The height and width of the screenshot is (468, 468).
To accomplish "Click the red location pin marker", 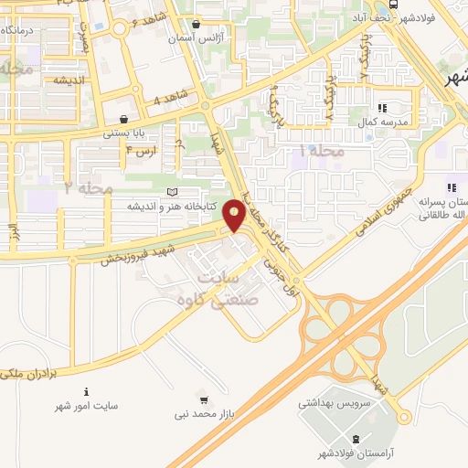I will (235, 216).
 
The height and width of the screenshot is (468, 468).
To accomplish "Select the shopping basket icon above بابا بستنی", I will (123, 119).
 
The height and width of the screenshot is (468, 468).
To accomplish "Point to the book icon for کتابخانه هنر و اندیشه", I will (174, 192).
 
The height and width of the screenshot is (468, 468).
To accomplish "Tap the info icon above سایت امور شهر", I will (86, 390).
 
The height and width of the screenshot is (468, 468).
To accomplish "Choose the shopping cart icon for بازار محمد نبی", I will (203, 399).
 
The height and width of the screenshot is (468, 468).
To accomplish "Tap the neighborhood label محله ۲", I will (88, 186).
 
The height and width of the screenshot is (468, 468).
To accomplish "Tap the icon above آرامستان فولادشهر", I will (405, 417).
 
